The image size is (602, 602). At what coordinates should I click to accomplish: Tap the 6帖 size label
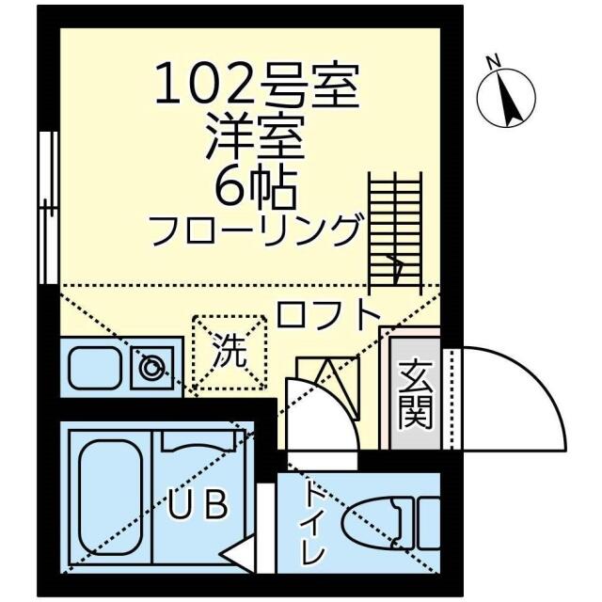pos(256,188)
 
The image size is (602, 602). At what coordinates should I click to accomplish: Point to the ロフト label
pos(328,313)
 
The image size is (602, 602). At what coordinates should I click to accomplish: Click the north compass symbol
pos(507,100)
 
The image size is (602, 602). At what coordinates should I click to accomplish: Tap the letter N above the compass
pos(491,63)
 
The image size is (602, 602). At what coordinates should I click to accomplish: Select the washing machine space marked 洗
pos(229,350)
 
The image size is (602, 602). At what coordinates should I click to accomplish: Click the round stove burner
pos(151,367)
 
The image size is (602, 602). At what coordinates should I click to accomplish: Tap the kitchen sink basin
pos(94,370)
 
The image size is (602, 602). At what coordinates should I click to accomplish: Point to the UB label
pos(198,505)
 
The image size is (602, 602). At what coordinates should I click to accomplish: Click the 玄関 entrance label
pos(414,395)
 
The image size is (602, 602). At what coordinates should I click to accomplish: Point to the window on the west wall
pos(46,207)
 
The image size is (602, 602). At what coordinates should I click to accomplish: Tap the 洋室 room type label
pos(256,139)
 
